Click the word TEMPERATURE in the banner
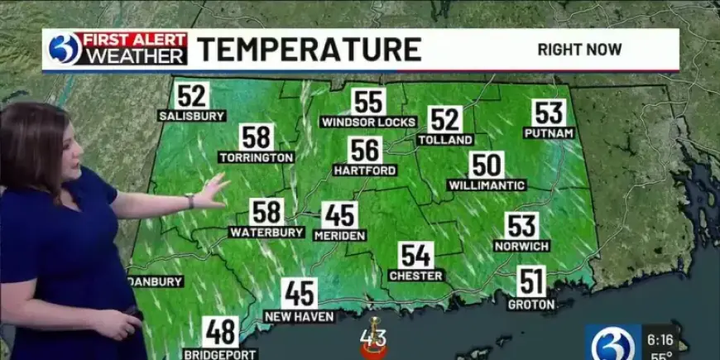(x=309, y=50)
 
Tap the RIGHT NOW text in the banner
(x=579, y=50)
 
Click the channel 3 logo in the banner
(x=65, y=50)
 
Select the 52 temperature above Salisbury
(x=192, y=95)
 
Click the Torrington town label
(x=257, y=156)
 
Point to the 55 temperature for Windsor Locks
(x=368, y=102)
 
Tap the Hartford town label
(x=365, y=170)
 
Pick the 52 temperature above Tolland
(x=445, y=120)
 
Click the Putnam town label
(x=550, y=132)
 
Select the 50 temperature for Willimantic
(x=487, y=165)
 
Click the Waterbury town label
(x=266, y=233)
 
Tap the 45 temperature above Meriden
(x=339, y=215)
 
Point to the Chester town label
(x=416, y=275)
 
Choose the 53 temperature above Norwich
(x=522, y=226)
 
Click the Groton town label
(x=531, y=304)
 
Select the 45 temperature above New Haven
(x=299, y=294)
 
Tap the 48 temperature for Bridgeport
(x=220, y=331)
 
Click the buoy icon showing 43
(x=373, y=338)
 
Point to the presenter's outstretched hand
(x=213, y=190)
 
